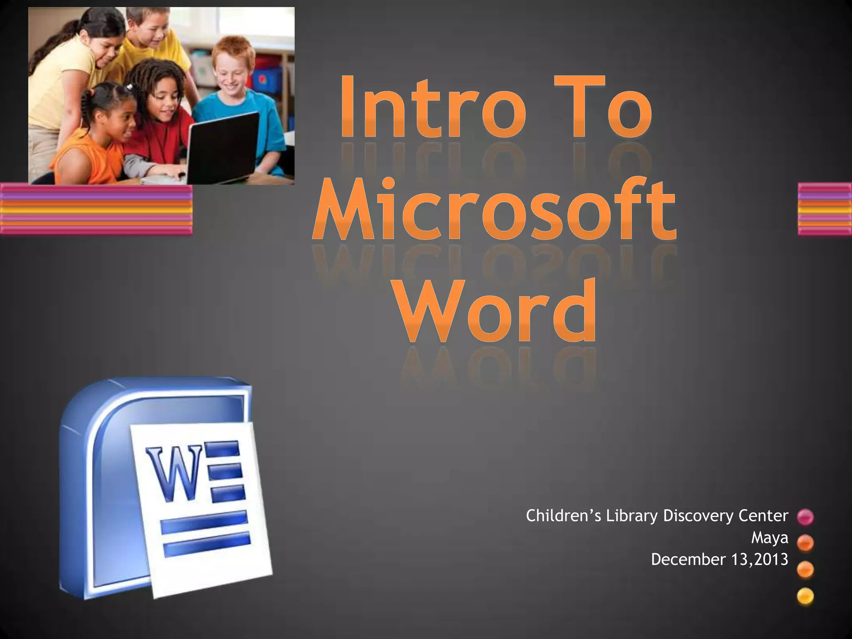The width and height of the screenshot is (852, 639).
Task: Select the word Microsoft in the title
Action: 494,211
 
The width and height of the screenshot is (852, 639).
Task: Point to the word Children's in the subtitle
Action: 563,516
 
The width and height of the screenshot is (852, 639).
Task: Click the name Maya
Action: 769,538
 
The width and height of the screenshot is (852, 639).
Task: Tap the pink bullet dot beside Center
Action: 805,517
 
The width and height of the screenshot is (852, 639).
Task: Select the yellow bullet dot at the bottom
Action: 805,596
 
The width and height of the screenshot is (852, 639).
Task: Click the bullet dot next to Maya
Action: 805,543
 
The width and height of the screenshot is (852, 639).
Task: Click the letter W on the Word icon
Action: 175,472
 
